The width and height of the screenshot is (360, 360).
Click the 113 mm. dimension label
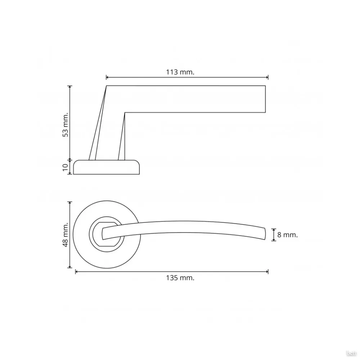point(180,72)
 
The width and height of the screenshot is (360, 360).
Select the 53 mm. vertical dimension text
point(66,125)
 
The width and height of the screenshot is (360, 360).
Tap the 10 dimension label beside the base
point(66,167)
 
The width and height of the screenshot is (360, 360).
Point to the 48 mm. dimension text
point(66,235)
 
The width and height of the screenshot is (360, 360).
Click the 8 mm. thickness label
point(287,235)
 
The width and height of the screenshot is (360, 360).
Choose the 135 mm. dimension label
point(180,278)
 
